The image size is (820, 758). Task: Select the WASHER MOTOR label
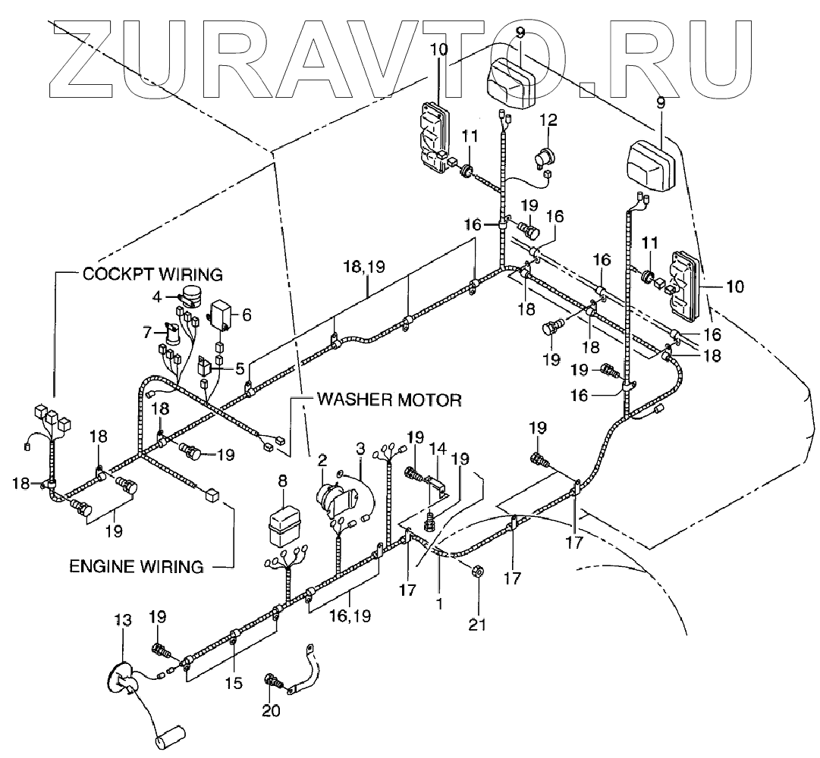[x=389, y=399]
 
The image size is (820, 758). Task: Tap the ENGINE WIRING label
[x=137, y=565]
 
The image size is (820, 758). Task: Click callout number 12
[x=548, y=119]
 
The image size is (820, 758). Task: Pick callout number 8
[x=284, y=480]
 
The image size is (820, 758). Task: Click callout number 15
[x=234, y=683]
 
